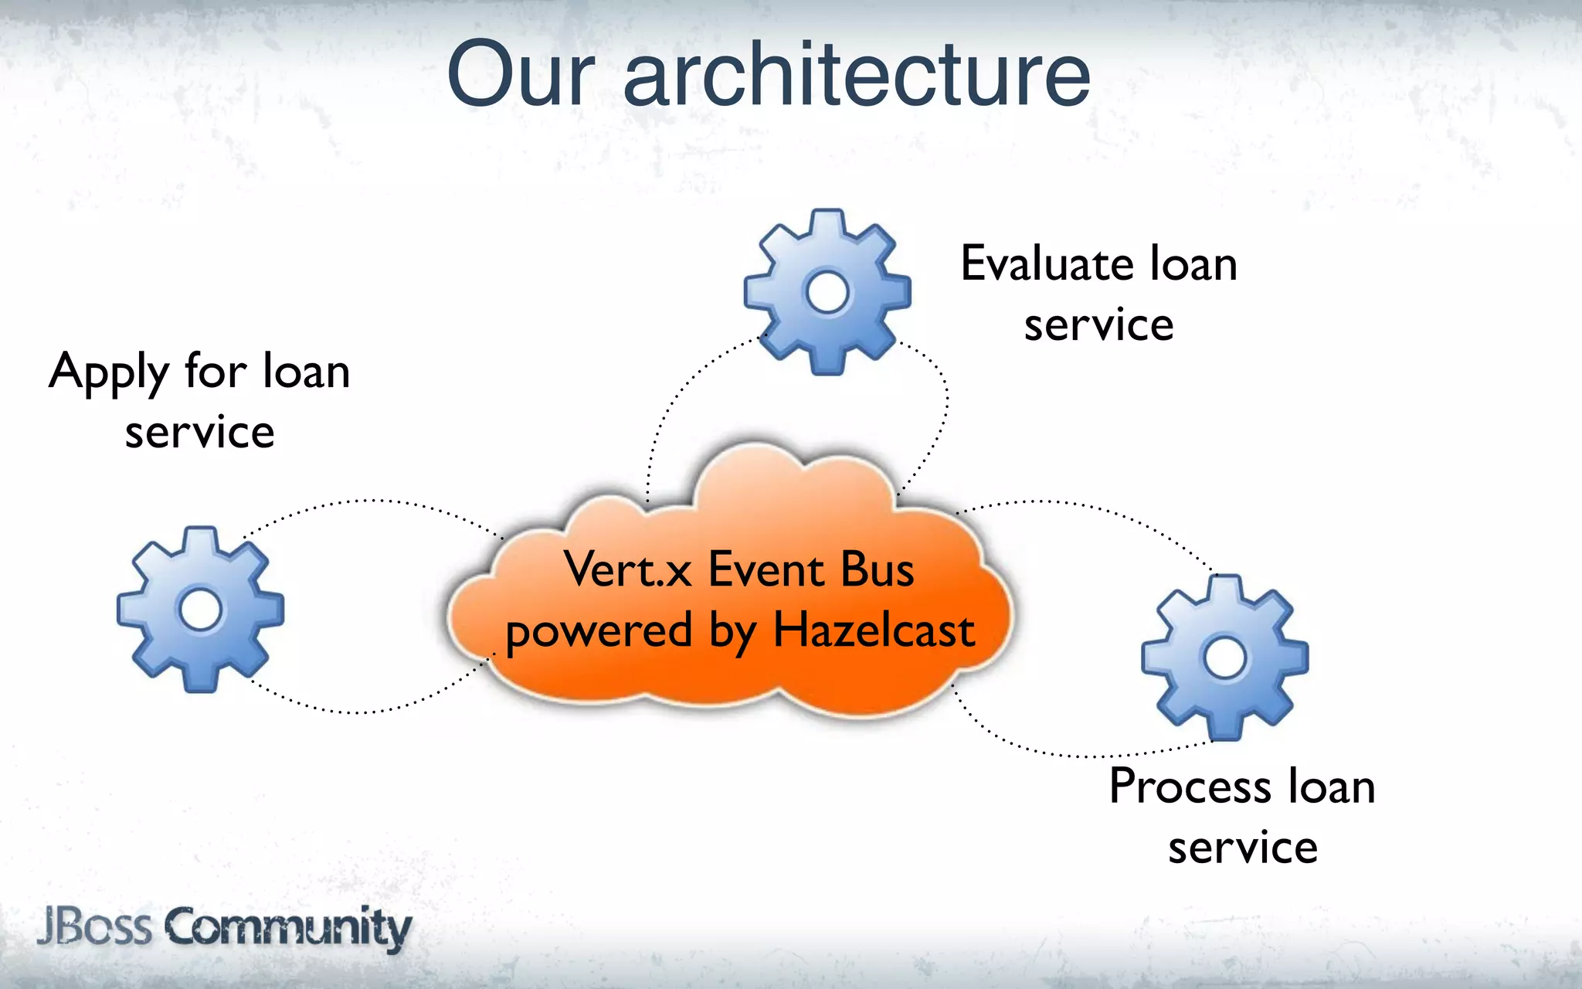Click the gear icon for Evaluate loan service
coord(827,292)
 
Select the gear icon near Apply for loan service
coord(200,610)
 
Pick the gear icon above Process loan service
coord(1225,658)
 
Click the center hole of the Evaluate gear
coord(827,293)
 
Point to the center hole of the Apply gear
coord(200,610)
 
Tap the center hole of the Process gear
coord(1225,658)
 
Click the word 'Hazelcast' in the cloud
coord(874,630)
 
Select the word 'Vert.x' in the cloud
coord(627,569)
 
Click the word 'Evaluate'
coord(1047,264)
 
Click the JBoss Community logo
coord(224,927)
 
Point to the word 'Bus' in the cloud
coord(877,569)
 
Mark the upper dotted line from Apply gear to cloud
coord(371,501)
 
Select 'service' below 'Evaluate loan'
coord(1098,325)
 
